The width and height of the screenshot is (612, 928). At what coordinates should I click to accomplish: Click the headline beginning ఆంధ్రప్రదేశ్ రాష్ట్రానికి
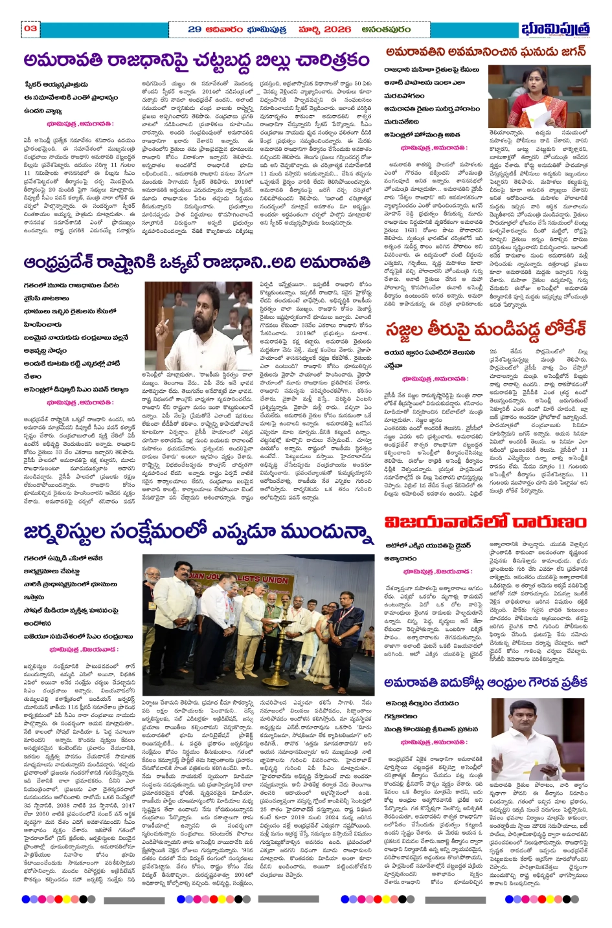click(x=197, y=263)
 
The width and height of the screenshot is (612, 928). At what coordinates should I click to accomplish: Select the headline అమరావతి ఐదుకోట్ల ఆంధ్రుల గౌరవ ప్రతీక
click(x=486, y=683)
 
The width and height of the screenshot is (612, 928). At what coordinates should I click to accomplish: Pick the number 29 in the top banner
click(x=194, y=29)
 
